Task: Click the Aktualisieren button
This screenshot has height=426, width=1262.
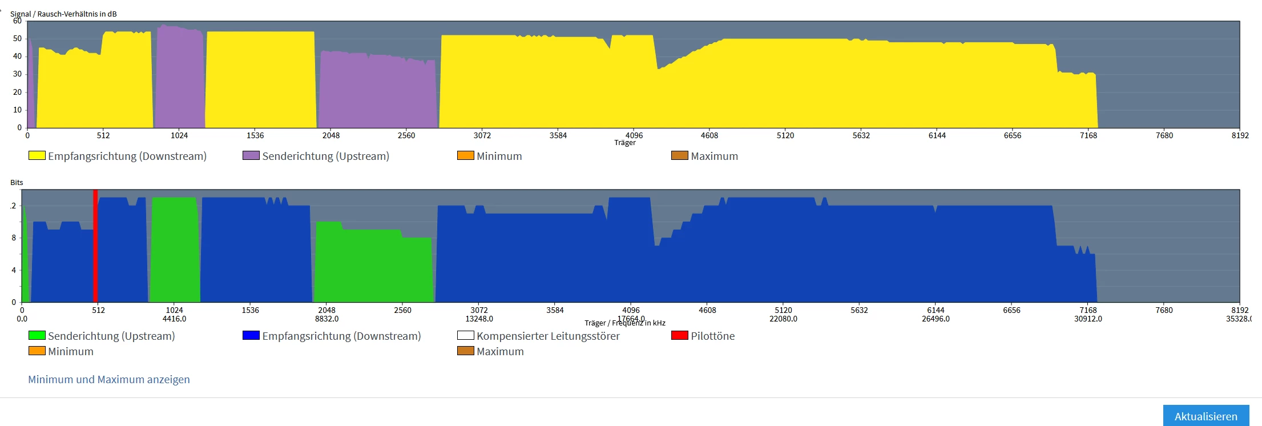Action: coord(1205,416)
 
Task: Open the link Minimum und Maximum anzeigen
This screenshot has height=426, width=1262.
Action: coord(109,380)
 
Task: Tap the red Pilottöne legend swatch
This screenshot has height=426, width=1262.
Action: coord(679,335)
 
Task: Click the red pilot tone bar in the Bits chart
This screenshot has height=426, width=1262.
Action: coord(95,246)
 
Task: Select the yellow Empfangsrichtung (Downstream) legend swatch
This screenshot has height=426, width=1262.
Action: coord(37,155)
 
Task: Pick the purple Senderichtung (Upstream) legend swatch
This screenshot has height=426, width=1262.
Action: coord(251,155)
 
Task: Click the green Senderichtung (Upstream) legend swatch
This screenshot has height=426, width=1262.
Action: coord(37,335)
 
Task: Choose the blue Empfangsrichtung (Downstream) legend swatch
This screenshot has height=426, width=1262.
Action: coord(251,335)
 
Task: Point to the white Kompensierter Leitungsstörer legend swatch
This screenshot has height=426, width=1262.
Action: coord(465,335)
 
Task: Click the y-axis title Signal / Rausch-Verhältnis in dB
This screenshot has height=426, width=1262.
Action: coord(63,14)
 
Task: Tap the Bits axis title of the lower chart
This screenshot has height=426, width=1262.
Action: coord(17,183)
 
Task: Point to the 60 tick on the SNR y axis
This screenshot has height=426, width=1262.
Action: coord(18,21)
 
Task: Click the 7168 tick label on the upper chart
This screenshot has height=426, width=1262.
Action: coord(1088,135)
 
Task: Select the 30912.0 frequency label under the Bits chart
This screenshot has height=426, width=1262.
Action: coord(1088,319)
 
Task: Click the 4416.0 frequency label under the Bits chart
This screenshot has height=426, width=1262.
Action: coord(174,319)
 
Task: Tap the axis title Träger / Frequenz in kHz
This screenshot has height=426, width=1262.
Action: coord(625,323)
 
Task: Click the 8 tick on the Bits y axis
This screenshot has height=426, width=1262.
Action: coord(14,238)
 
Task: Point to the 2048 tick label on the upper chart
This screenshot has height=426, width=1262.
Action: coord(331,135)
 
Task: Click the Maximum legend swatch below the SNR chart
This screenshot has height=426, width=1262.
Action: coord(679,155)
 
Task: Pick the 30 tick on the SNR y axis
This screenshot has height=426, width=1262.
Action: coord(18,74)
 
